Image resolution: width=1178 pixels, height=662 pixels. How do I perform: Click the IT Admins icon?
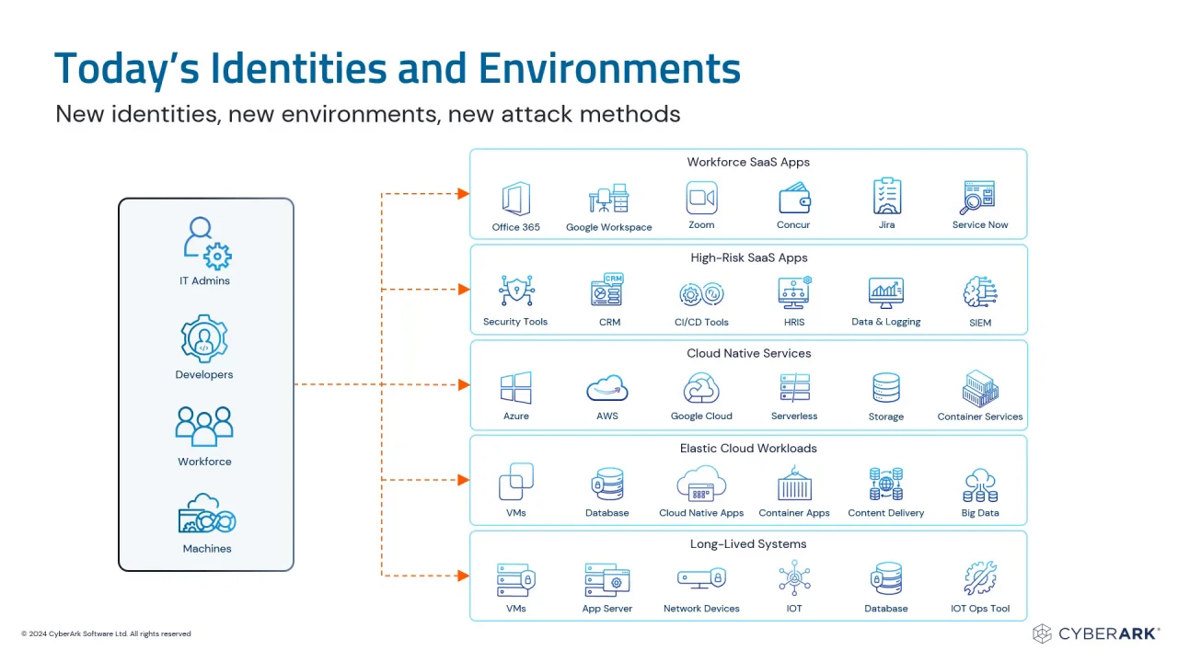point(207,244)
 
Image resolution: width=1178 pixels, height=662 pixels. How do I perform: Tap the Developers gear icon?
point(204,339)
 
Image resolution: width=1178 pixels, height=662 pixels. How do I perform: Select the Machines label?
point(207,549)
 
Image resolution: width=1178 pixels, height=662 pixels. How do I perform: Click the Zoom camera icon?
point(701,198)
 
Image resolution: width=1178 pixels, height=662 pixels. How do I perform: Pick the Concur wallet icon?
point(794,198)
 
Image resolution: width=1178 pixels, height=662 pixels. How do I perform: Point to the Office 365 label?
point(515,227)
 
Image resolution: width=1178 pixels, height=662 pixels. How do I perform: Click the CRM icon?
point(607,290)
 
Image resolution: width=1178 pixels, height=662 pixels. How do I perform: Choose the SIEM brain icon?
point(980,291)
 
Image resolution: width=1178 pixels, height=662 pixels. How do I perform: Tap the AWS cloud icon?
point(607,388)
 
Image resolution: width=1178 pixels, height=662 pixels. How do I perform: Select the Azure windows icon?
point(516,388)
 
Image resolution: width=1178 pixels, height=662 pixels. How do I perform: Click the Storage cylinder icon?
point(886,388)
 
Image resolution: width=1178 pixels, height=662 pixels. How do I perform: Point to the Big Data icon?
point(980,485)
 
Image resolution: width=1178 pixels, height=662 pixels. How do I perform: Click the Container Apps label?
point(794,513)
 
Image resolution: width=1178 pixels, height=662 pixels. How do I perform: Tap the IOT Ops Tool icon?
point(980,578)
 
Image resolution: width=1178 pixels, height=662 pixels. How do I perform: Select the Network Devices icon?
point(701,578)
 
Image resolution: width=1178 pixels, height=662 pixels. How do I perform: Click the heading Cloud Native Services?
point(748,353)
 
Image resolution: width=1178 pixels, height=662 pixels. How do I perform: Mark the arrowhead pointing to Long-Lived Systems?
point(463,576)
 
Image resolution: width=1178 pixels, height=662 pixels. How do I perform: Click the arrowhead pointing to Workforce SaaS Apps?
point(463,194)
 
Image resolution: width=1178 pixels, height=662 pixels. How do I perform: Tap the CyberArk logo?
point(1095,633)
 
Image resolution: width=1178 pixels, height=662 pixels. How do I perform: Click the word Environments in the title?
point(609,68)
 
